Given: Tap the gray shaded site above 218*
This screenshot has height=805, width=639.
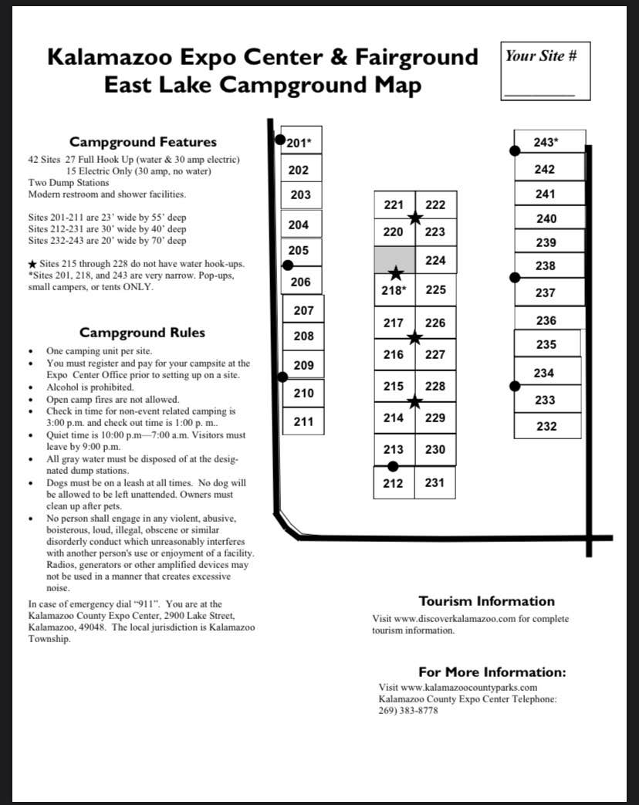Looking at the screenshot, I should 394,259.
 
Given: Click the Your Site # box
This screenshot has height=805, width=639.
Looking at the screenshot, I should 545,71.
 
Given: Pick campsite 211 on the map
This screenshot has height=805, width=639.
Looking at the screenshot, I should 303,421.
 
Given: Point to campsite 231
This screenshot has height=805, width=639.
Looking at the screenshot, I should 435,483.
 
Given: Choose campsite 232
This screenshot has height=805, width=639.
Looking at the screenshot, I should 546,426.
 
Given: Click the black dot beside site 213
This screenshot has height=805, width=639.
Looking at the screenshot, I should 393,465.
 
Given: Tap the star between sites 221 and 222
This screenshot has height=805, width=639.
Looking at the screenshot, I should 415,218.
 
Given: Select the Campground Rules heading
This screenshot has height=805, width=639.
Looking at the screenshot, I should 143,333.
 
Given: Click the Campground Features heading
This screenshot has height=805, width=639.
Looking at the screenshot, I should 143,142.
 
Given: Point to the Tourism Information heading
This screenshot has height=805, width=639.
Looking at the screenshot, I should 486,601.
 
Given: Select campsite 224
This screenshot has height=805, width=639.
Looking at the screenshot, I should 435,260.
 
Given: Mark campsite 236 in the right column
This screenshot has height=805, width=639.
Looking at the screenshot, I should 546,320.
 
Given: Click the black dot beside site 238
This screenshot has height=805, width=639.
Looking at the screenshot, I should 515,277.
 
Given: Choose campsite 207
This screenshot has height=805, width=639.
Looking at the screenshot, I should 304,310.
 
